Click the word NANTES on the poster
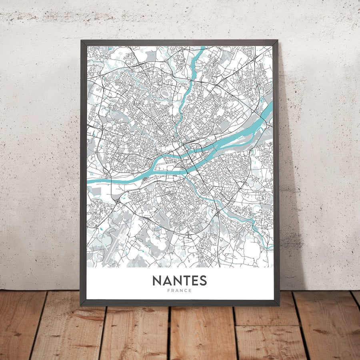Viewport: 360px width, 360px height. [x=180, y=280]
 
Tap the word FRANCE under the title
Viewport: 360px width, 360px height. [x=180, y=291]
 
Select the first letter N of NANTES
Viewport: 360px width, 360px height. [x=157, y=280]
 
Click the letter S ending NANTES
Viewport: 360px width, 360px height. [x=203, y=280]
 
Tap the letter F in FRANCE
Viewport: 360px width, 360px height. [x=169, y=291]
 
